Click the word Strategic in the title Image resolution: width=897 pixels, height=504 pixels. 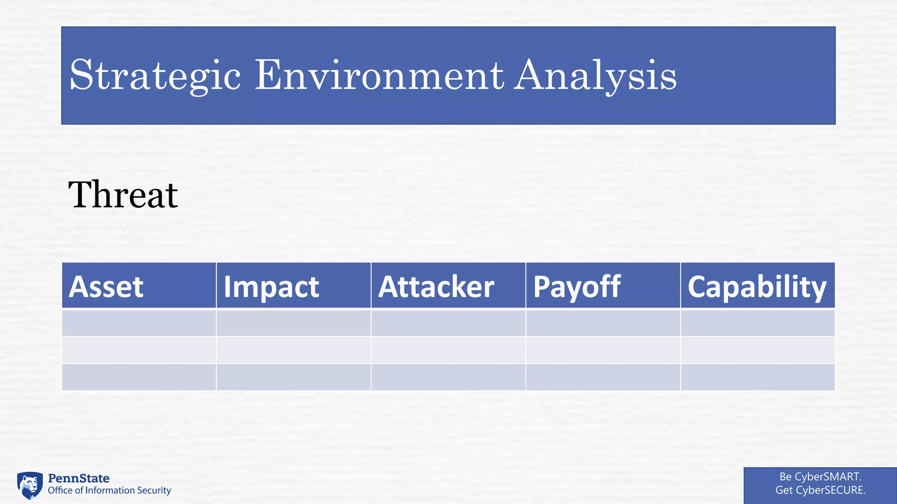[155, 76]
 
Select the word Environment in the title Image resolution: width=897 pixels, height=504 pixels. [379, 76]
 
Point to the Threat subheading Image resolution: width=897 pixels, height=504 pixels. [123, 195]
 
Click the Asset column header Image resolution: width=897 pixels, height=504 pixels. [106, 287]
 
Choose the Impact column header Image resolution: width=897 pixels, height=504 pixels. [271, 287]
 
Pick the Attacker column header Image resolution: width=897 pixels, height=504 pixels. [436, 287]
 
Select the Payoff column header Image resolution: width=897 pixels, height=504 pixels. [577, 287]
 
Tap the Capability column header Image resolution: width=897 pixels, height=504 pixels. [757, 287]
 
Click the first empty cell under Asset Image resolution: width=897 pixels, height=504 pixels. [139, 323]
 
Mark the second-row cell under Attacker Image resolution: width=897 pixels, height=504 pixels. [448, 350]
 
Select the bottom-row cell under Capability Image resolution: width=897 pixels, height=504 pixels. [757, 377]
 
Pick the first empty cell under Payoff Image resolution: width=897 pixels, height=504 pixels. [603, 323]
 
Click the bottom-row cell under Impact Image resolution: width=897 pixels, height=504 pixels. [293, 377]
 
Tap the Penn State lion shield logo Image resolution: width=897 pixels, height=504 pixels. [30, 485]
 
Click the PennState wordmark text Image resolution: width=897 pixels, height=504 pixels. [79, 478]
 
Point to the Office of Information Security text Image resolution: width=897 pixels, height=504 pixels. [109, 490]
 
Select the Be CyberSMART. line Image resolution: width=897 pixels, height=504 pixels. [820, 476]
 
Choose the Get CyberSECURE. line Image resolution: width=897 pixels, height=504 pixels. [820, 490]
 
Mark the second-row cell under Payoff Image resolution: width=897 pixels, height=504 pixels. [603, 350]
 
